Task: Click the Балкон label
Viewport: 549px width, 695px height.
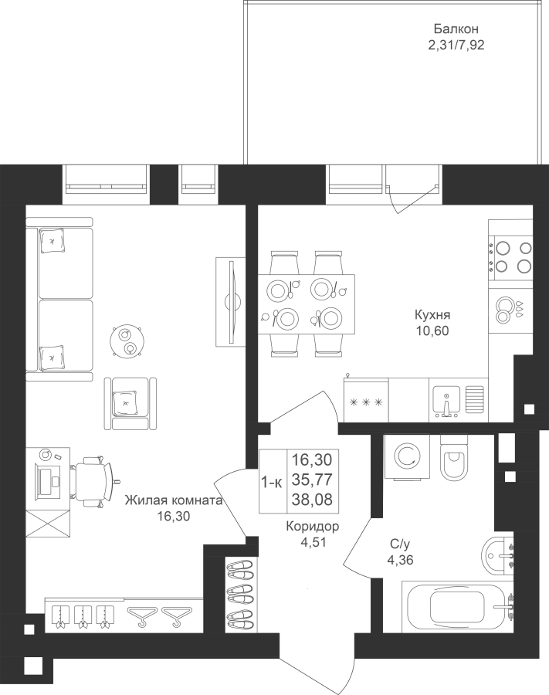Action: [456, 29]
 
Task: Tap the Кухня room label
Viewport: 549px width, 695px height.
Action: [432, 315]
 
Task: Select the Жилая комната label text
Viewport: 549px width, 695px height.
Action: [173, 500]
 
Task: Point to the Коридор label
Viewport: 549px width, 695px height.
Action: [313, 527]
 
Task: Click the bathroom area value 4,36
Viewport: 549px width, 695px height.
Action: [400, 561]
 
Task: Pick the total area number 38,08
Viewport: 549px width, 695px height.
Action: [312, 500]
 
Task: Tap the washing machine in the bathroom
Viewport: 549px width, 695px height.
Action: [407, 457]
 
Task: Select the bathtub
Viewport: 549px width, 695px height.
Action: [458, 607]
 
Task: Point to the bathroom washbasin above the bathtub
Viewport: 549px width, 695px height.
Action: [497, 554]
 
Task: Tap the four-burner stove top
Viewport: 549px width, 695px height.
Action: [510, 257]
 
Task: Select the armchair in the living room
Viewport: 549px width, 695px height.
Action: [130, 403]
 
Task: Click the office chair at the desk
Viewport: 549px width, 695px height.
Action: [94, 481]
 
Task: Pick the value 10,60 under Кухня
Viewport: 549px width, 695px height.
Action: [432, 331]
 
